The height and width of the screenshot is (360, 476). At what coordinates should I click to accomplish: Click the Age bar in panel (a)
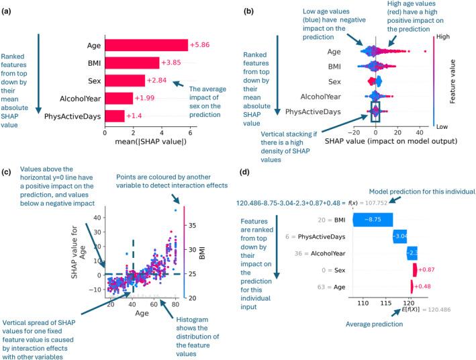click(146, 45)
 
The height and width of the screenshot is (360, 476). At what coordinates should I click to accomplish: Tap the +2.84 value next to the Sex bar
click(156, 81)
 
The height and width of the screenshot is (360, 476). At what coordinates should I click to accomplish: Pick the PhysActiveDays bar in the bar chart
click(115, 116)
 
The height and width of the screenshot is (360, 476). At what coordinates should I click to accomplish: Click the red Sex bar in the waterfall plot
click(415, 269)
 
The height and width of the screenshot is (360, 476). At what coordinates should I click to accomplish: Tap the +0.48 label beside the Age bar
click(425, 286)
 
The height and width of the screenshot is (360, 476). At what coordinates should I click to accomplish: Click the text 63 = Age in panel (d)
click(336, 286)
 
